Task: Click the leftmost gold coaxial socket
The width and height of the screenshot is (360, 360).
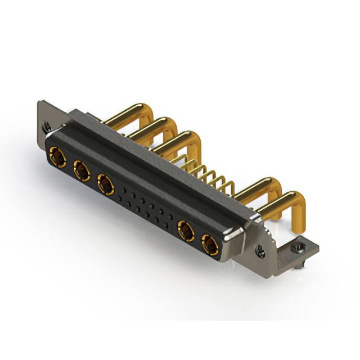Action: [57, 157]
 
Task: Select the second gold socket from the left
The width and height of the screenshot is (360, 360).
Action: [81, 170]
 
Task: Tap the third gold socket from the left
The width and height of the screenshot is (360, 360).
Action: [105, 183]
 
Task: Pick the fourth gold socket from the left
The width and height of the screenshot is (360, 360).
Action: [186, 231]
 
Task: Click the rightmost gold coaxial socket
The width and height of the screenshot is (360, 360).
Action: [210, 245]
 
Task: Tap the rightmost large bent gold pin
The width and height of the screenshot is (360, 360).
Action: [287, 202]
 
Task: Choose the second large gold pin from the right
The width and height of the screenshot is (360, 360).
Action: [262, 188]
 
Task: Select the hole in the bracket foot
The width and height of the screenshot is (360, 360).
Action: [302, 246]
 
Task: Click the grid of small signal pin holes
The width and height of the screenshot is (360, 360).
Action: [147, 209]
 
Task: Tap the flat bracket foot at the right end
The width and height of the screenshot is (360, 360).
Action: [301, 250]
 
